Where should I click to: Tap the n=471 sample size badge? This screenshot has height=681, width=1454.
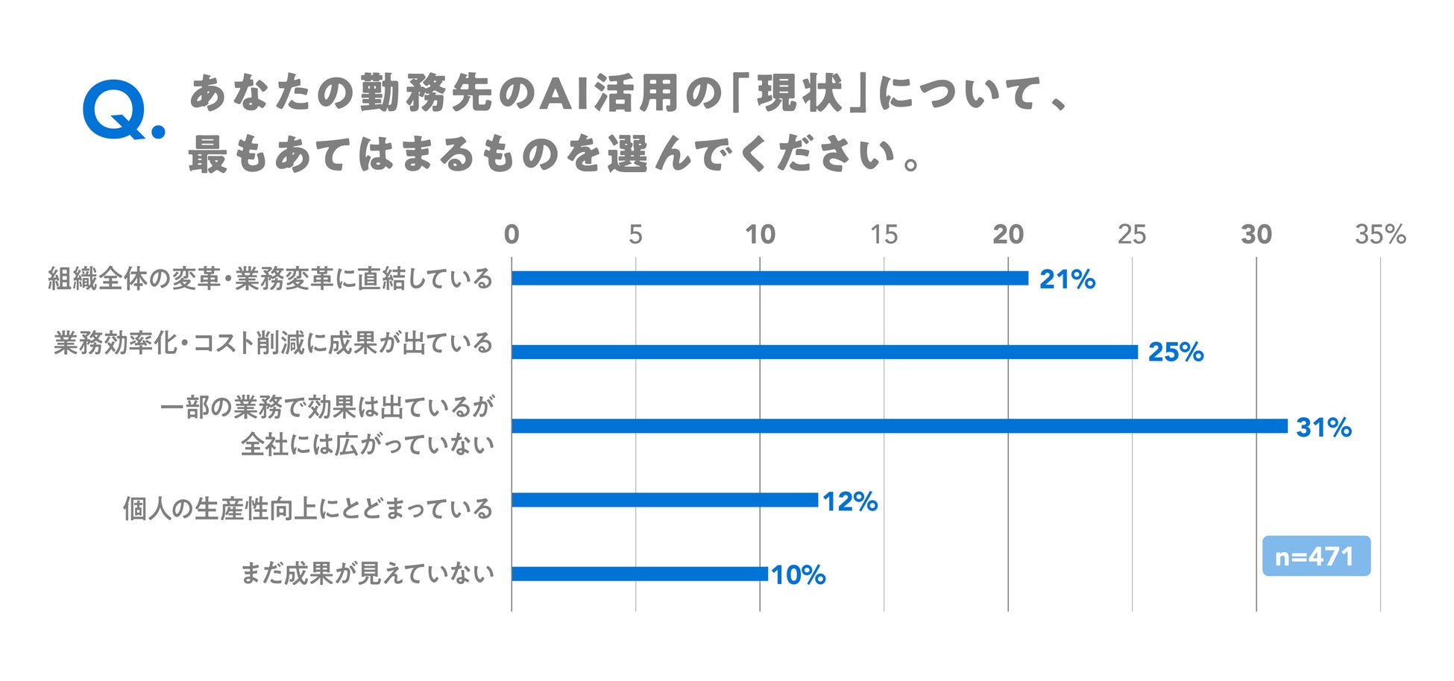click(x=1316, y=556)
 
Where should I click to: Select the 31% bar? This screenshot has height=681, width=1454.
click(x=899, y=426)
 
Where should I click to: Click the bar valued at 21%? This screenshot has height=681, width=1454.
click(x=770, y=279)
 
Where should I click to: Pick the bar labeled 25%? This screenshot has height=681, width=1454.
click(x=825, y=352)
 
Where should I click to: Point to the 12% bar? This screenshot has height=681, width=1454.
click(x=664, y=500)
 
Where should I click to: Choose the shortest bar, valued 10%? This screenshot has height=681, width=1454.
click(x=640, y=574)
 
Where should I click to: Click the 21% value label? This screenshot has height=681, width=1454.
click(x=1067, y=279)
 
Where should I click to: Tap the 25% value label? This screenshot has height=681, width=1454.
click(x=1176, y=352)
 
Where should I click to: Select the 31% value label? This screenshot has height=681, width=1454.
click(x=1324, y=428)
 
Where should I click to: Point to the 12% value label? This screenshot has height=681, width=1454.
click(x=850, y=501)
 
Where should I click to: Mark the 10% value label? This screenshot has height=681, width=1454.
click(x=799, y=575)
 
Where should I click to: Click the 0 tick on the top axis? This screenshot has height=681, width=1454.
click(x=512, y=235)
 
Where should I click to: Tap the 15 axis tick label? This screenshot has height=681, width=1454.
click(x=884, y=235)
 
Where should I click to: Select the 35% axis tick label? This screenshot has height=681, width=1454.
click(x=1380, y=235)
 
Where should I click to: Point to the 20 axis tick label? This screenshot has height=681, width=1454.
click(x=1008, y=235)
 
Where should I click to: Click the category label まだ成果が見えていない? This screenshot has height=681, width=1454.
click(x=367, y=574)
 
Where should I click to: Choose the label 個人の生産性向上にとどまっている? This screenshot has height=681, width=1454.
click(x=308, y=509)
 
